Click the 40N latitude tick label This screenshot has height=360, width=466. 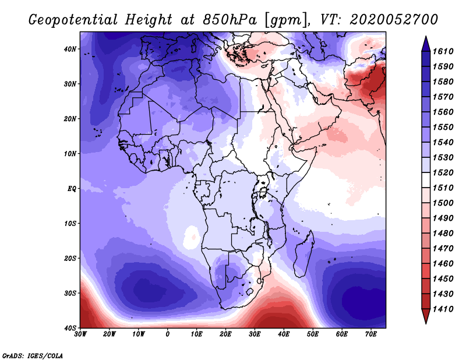click(69, 49)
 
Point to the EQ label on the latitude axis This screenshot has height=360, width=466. click(72, 189)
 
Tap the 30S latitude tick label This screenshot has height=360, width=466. click(70, 294)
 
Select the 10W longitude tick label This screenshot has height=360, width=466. click(139, 334)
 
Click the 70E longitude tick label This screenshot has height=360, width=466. click(371, 334)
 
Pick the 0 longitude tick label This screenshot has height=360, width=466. click(168, 334)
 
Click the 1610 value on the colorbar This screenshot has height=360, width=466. click(443, 51)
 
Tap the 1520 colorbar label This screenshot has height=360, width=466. click(443, 172)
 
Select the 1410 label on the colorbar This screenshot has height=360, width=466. click(443, 309)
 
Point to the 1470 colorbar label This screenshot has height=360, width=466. click(443, 249)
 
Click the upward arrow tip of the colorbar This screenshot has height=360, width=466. click(426, 37)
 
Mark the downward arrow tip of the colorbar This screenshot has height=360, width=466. click(426, 323)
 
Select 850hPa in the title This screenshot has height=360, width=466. click(230, 20)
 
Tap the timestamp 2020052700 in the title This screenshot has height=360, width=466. click(394, 20)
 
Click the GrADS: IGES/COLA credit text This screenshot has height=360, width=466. click(33, 355)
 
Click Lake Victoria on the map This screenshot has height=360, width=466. click(263, 193)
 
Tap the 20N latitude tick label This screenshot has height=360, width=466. click(69, 119)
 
